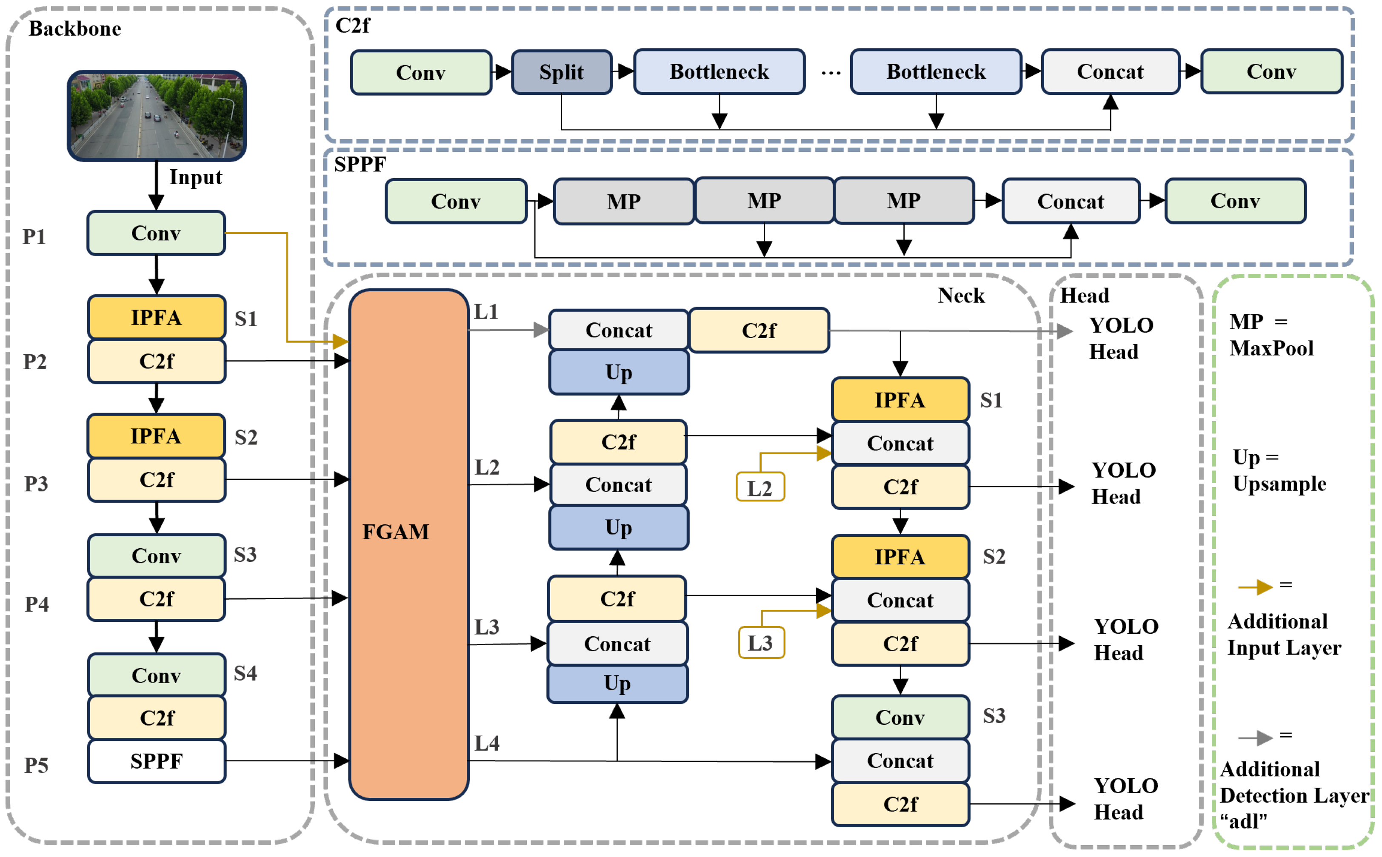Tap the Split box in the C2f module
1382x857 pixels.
[561, 72]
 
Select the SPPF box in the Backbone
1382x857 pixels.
[157, 760]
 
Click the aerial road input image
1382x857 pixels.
[157, 116]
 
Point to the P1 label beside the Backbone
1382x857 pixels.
[34, 236]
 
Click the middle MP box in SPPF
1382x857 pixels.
[764, 201]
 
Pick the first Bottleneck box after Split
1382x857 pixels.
[719, 71]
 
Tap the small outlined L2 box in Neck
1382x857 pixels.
[760, 487]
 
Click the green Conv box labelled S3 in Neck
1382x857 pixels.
[899, 717]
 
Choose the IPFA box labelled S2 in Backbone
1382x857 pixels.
[156, 436]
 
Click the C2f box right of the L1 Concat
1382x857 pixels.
[759, 330]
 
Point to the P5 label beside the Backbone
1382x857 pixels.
[36, 765]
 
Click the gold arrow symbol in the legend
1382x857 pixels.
[1256, 587]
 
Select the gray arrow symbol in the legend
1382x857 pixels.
[1256, 737]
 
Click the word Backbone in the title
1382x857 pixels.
[75, 28]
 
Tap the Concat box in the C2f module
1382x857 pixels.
[1110, 71]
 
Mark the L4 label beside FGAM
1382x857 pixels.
[486, 743]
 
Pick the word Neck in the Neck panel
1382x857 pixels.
[961, 295]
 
